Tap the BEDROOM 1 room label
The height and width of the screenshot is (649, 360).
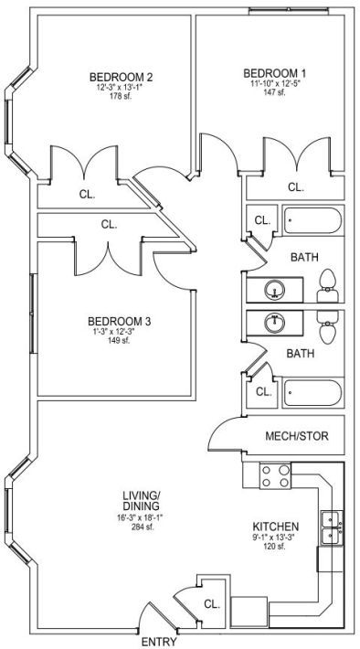275,73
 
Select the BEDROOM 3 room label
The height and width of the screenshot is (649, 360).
120,321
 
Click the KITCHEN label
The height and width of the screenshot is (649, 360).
276,527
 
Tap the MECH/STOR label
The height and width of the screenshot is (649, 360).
297,436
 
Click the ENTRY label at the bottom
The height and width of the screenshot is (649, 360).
159,642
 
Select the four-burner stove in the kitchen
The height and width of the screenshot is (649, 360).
275,476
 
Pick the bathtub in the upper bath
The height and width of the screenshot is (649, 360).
312,220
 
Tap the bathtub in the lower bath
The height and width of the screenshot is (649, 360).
312,393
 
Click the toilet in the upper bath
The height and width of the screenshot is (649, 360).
328,285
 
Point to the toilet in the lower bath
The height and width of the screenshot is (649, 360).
328,327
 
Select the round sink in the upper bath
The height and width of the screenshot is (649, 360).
274,290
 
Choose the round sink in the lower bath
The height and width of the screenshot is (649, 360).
274,323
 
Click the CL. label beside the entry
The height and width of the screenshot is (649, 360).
211,604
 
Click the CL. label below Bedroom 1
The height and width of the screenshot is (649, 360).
295,187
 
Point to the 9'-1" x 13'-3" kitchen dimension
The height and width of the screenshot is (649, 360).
276,538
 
